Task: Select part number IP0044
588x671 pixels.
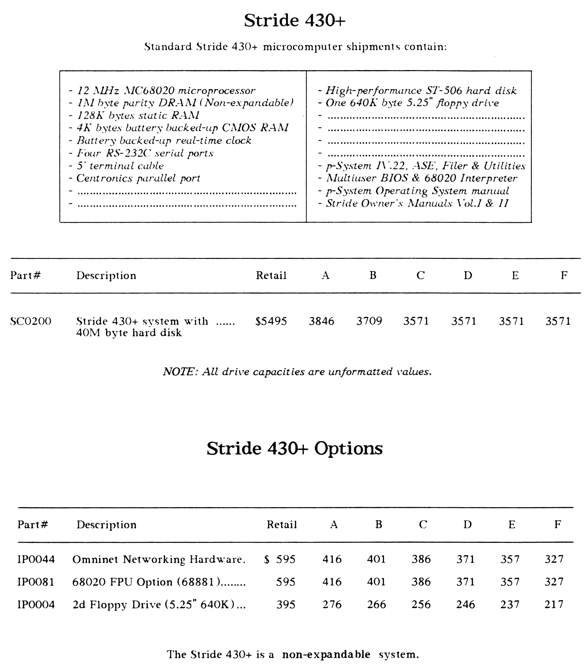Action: tap(36, 559)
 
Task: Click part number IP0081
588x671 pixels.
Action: tap(36, 582)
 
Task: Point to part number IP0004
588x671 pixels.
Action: tap(36, 604)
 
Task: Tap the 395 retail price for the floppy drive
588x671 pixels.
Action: tap(286, 604)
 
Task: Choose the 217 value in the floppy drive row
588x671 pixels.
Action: tap(554, 604)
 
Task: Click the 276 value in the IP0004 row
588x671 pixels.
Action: tap(332, 604)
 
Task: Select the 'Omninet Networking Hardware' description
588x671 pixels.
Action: tap(159, 559)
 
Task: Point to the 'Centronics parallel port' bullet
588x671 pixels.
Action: tap(138, 178)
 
